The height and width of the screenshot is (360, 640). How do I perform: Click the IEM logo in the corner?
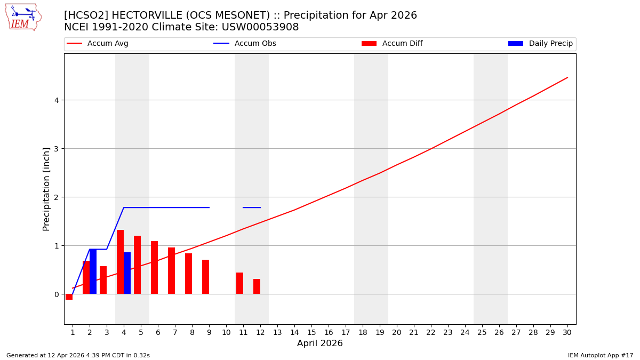[23, 17]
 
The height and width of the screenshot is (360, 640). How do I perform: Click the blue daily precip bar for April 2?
[93, 271]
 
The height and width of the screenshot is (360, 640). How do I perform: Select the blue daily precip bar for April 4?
[127, 273]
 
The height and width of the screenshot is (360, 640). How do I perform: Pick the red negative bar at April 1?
[69, 297]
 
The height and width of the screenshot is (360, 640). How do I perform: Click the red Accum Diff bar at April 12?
[257, 286]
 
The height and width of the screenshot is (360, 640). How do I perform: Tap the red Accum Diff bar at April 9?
[205, 277]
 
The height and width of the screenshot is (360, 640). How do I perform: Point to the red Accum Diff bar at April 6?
[154, 267]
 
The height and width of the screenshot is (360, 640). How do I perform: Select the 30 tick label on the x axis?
[567, 332]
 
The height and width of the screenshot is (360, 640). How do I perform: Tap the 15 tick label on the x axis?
[311, 332]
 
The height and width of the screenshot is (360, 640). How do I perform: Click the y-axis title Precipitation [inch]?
[46, 189]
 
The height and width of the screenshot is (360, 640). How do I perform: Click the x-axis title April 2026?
[319, 343]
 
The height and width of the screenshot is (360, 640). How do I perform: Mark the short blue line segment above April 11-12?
[252, 207]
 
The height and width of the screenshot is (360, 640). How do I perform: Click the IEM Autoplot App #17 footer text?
[601, 355]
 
